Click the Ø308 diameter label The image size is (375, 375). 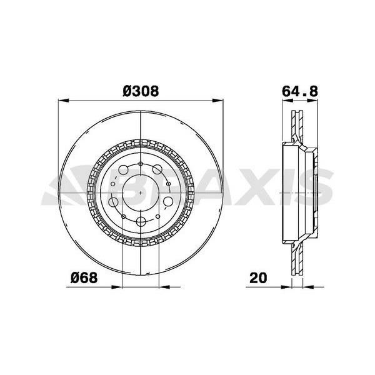tap(141, 91)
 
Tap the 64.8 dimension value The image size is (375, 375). tap(300, 91)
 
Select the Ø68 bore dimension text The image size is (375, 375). tap(84, 278)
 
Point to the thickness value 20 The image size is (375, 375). tap(258, 278)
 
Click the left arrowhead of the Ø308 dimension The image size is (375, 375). tap(64, 101)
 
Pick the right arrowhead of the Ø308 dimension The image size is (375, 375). tap(217, 101)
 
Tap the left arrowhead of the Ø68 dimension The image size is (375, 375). tap(117, 287)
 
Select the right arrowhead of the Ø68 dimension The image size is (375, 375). tap(164, 287)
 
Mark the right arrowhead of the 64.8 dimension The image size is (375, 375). tap(312, 101)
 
